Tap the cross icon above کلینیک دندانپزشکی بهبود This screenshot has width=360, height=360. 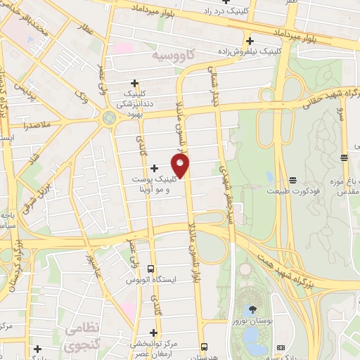pyautogui.click(x=134, y=83)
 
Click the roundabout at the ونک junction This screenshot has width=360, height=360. pyautogui.click(x=108, y=117)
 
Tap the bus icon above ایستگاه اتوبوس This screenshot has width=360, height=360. pyautogui.click(x=151, y=269)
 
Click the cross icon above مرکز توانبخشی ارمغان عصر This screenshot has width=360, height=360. pyautogui.click(x=154, y=333)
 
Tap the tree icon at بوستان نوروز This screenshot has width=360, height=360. pyautogui.click(x=250, y=310)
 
